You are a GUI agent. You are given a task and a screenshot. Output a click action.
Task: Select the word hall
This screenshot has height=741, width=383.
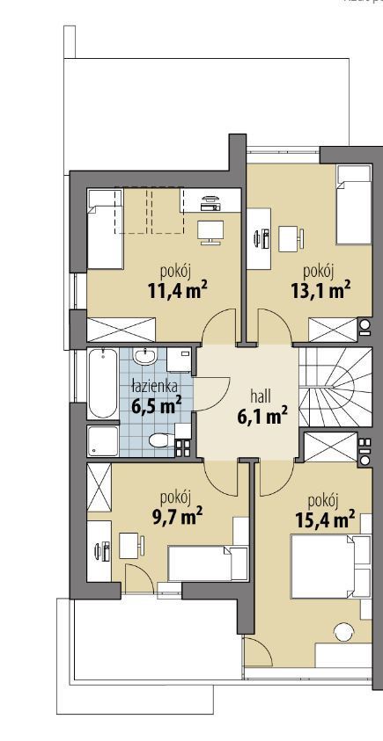click(261, 396)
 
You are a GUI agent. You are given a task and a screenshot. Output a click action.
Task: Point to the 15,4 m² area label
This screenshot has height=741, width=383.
click(325, 519)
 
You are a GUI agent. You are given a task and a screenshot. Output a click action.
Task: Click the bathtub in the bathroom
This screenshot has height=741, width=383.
click(103, 383)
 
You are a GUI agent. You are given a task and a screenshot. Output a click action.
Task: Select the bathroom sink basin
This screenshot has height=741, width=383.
click(144, 356)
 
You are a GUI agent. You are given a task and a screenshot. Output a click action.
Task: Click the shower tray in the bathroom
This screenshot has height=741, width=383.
click(103, 441)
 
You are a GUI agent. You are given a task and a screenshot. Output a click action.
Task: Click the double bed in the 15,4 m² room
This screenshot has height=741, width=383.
click(330, 567)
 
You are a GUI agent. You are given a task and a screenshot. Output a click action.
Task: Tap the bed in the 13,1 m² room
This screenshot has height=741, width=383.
click(353, 204)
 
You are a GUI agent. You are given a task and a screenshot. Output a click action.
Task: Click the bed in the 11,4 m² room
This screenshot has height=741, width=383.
click(105, 229)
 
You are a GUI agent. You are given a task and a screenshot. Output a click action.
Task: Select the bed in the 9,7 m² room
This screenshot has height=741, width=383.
click(208, 563)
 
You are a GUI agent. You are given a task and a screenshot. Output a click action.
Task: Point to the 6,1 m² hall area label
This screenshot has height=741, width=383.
click(261, 417)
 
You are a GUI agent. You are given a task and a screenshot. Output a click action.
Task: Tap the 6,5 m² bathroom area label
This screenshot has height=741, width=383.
click(155, 406)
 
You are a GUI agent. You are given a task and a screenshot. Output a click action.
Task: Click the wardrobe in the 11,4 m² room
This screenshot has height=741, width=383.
click(122, 330)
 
